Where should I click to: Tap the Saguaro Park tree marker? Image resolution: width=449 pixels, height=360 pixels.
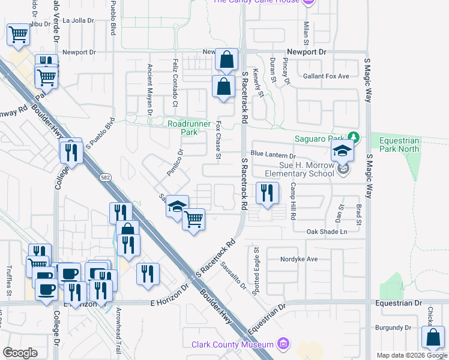[354, 138]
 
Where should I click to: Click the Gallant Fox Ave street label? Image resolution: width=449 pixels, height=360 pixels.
[326, 76]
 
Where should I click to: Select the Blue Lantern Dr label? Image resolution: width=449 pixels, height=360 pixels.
[274, 155]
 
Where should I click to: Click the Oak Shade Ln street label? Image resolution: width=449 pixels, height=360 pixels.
[327, 232]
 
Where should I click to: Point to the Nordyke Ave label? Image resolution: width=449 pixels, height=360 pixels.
[298, 259]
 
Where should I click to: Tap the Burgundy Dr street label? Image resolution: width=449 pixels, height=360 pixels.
[391, 328]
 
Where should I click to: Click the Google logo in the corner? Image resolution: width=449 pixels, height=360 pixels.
[20, 353]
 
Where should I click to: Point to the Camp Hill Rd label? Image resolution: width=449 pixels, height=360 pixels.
[294, 202]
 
